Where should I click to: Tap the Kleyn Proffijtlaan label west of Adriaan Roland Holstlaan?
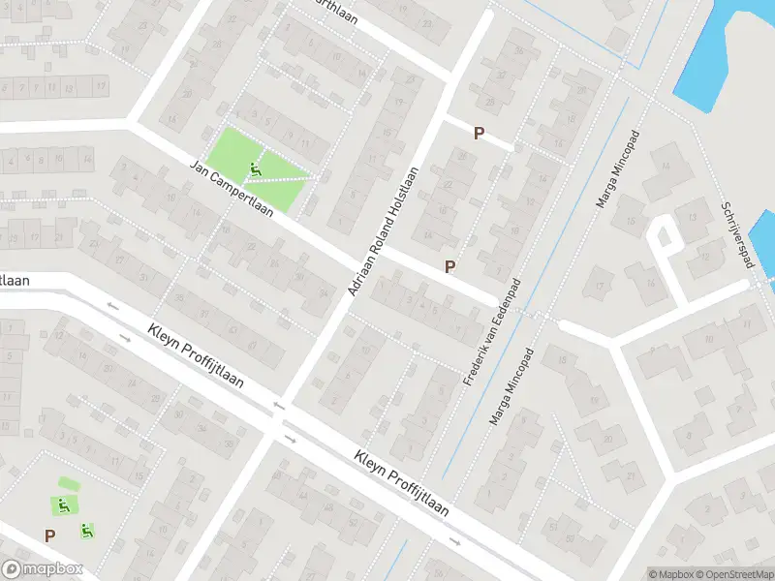point(197,355)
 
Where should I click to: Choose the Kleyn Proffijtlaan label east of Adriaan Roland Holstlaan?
point(401,481)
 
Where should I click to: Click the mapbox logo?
point(42,569)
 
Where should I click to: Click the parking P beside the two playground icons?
point(49,535)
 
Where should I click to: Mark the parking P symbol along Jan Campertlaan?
point(449,266)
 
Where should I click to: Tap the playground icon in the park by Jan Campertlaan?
point(255,170)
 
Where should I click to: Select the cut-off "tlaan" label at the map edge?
point(15,280)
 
